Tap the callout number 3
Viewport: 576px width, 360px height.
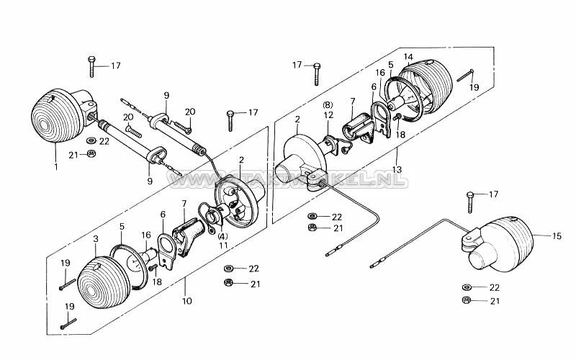(96, 238)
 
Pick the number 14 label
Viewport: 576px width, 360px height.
(408, 57)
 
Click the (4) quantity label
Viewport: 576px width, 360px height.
(223, 237)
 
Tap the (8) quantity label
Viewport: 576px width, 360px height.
(328, 105)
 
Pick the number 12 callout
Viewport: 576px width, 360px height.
(328, 115)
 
